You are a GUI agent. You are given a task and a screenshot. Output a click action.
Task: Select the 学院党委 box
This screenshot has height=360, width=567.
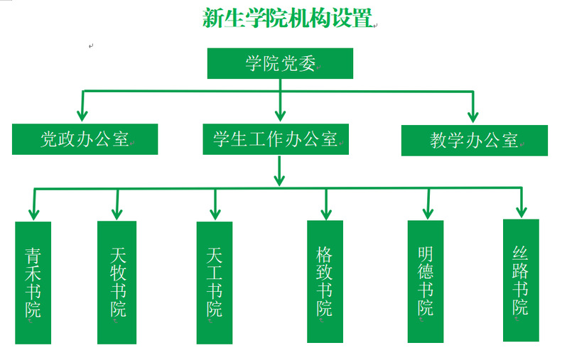280,63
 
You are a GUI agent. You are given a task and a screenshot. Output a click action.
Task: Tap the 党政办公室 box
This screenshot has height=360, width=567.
85,139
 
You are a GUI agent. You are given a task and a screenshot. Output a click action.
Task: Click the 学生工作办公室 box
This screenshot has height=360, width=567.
276,139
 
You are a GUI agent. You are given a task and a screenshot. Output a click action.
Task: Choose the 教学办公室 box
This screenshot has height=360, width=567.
474,140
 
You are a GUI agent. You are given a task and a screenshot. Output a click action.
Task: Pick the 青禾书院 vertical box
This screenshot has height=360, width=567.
33,283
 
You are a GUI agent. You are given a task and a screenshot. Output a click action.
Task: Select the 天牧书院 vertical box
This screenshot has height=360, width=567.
117,282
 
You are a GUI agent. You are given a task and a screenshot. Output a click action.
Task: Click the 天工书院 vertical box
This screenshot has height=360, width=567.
214,283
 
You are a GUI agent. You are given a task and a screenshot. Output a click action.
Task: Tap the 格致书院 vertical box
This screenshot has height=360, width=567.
325,281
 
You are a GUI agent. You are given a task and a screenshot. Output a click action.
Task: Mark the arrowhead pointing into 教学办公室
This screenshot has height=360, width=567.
472,115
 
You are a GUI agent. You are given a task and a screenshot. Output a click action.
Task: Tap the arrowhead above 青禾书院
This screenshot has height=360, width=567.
33,212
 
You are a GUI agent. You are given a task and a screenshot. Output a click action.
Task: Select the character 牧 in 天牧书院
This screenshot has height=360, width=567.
118,273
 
